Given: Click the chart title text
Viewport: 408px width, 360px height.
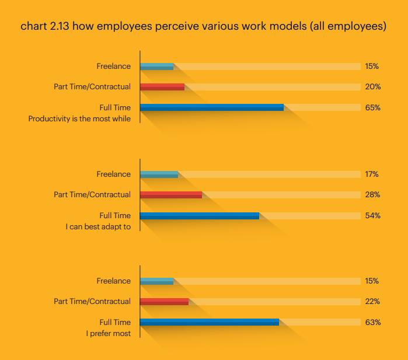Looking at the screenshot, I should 203,26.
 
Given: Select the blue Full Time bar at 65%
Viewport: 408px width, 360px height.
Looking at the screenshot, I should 211,107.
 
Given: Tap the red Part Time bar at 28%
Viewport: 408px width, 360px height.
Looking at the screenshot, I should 170,195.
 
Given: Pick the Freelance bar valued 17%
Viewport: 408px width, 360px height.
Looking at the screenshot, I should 159,174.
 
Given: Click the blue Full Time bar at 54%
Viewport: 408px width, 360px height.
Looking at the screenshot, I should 199,216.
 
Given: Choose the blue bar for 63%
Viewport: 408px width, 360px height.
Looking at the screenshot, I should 209,322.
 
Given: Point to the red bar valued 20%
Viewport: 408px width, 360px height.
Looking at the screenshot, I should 162,87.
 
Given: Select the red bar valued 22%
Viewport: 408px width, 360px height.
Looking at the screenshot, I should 164,302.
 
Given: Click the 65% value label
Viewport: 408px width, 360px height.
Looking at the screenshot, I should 372,107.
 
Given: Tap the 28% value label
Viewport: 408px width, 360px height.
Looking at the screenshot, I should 372,195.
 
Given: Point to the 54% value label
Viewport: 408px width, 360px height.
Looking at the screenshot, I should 372,216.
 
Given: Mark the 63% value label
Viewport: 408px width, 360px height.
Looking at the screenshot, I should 372,322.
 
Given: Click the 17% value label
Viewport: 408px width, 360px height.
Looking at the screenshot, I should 372,174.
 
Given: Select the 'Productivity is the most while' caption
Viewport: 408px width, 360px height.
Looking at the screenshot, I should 79,119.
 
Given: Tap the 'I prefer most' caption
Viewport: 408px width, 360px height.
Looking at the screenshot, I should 108,334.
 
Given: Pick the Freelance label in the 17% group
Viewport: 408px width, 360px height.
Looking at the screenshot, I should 113,174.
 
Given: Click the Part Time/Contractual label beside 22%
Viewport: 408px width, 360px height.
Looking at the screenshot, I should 92,302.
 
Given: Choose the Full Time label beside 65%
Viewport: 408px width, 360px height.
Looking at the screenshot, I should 115,107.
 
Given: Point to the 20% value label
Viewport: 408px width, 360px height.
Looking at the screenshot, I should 372,87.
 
